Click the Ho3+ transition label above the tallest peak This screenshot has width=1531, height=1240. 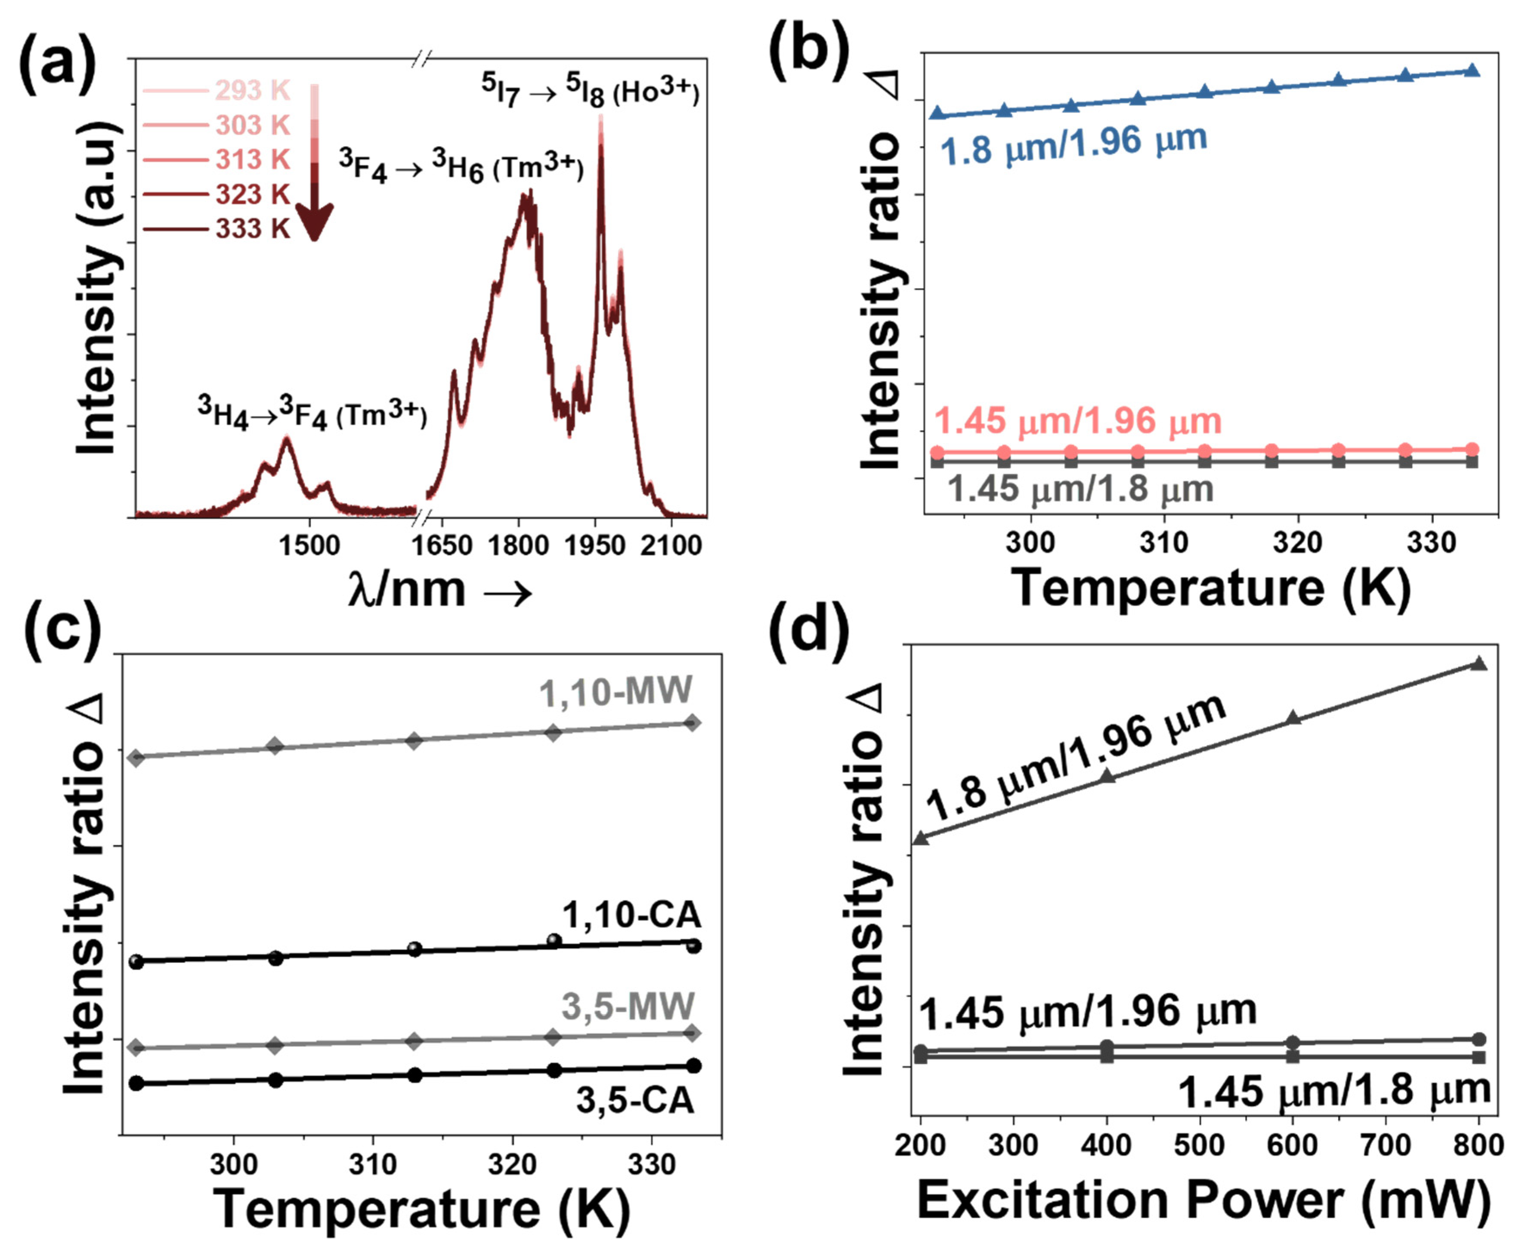click(589, 91)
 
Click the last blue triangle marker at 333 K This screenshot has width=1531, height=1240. click(1472, 70)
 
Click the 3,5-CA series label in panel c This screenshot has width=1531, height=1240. click(635, 1100)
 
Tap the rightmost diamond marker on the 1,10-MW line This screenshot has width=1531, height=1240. click(692, 723)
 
